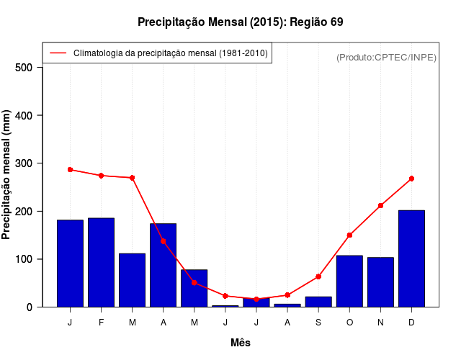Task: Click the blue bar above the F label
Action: click(x=101, y=262)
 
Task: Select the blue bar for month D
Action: click(x=411, y=258)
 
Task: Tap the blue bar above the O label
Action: click(x=349, y=281)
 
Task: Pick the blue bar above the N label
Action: click(x=380, y=282)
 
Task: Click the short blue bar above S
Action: click(x=318, y=302)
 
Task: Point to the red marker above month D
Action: click(x=411, y=179)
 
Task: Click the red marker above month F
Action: click(x=101, y=176)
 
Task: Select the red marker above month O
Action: click(x=349, y=235)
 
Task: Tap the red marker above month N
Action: click(x=380, y=206)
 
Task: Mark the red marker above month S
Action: click(x=318, y=276)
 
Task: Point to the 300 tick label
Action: click(x=24, y=163)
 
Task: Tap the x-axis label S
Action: click(x=318, y=323)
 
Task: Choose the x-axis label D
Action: click(x=411, y=323)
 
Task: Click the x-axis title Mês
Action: click(x=241, y=343)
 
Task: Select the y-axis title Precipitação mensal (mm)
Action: click(x=6, y=175)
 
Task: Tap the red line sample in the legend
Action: click(x=58, y=53)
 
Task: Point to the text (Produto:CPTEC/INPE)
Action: click(x=386, y=57)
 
